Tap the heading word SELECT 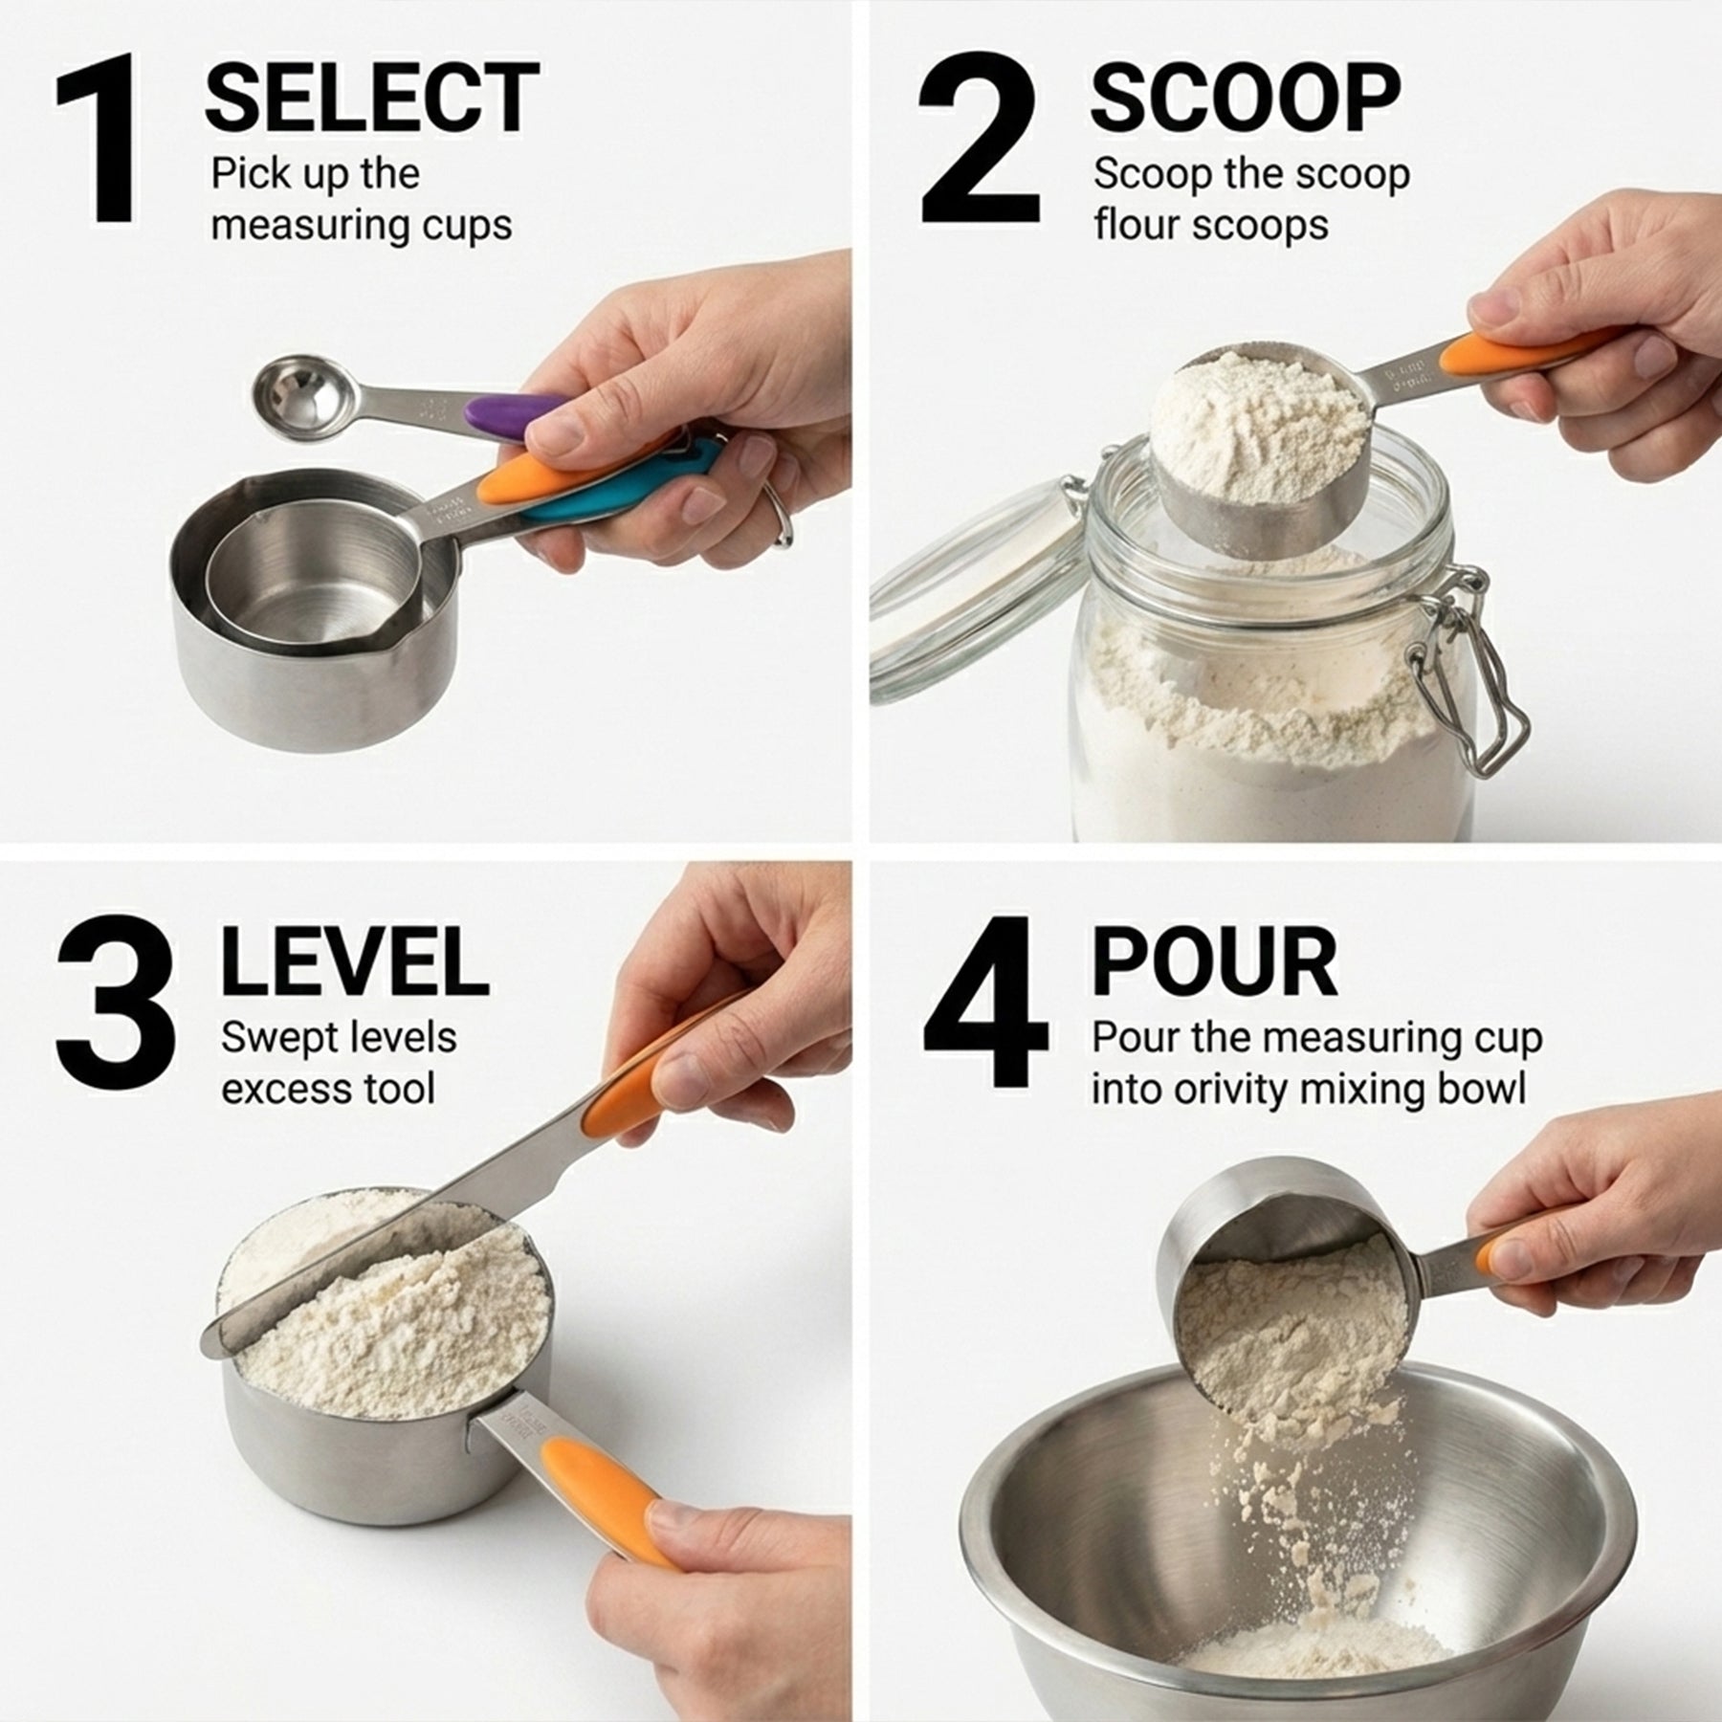[371, 98]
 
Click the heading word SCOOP [1245, 98]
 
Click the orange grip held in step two [1478, 353]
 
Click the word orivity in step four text [1267, 1090]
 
